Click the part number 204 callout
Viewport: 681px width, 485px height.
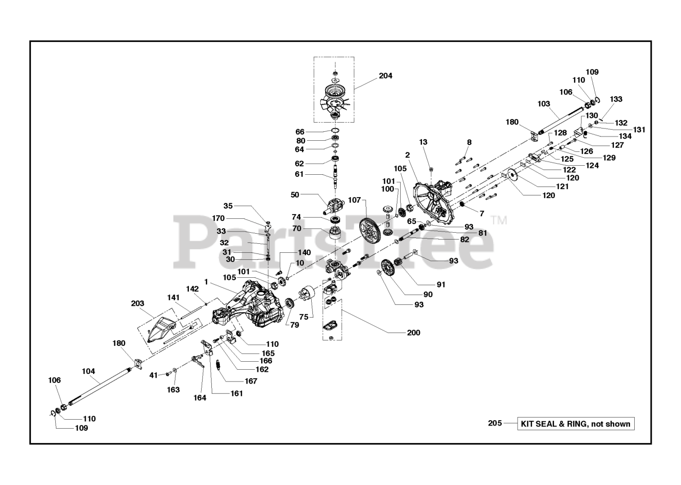click(385, 76)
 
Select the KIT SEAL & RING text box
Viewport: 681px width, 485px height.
click(576, 423)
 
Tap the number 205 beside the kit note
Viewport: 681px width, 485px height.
click(495, 423)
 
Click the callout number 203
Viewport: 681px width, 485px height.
click(137, 303)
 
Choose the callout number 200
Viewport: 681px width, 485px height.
click(413, 333)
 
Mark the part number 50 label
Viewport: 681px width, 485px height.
click(295, 195)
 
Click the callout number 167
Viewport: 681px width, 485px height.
click(251, 381)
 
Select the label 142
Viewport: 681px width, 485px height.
click(193, 288)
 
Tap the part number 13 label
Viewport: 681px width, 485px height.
click(423, 142)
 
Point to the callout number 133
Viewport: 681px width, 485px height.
click(616, 99)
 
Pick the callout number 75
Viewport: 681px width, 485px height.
click(303, 316)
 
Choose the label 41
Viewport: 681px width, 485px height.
click(154, 375)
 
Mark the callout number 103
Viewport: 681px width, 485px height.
click(544, 104)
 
